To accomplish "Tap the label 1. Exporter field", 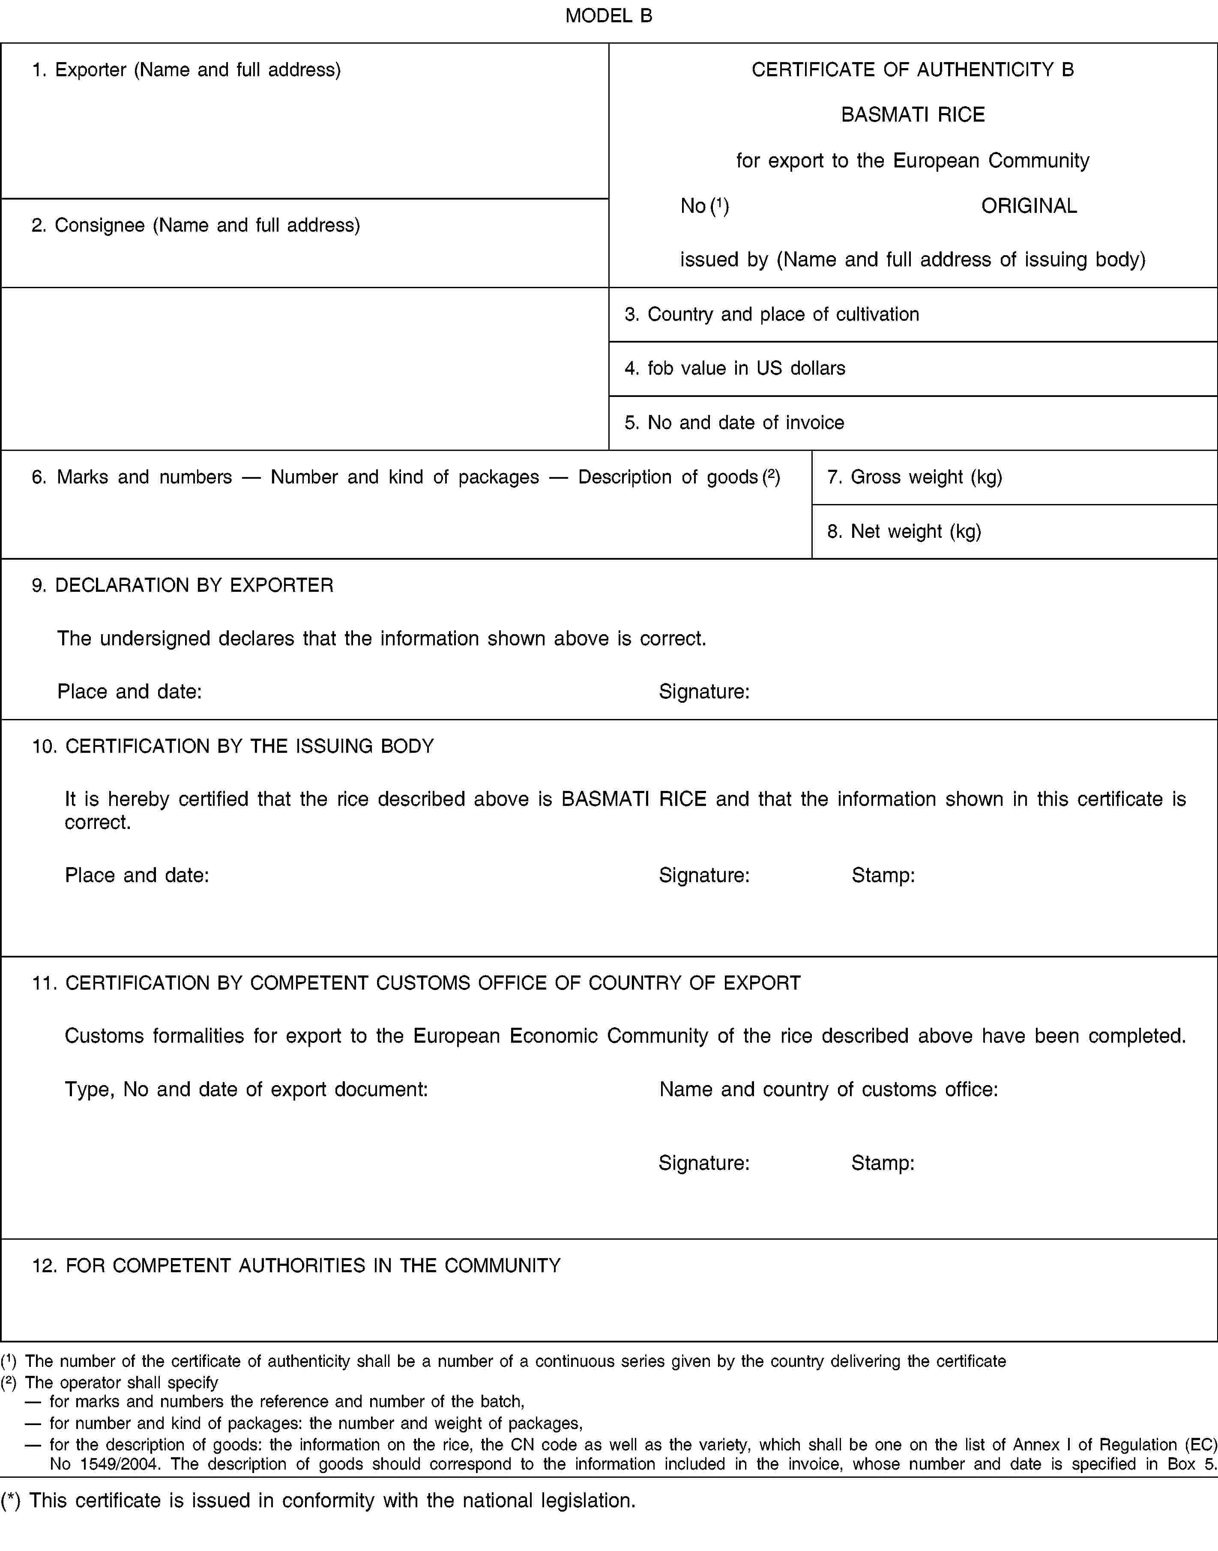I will coord(186,70).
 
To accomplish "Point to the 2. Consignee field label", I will coord(195,225).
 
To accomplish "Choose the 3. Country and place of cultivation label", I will coord(772,314).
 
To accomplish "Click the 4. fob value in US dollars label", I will coord(734,369).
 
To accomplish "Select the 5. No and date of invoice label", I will coord(734,423).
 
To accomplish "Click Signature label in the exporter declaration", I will coord(704,692).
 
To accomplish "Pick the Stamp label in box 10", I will coord(883,875).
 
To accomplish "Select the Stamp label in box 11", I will coord(883,1163).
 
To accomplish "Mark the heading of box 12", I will coord(296,1265).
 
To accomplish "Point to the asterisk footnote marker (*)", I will coord(11,1501).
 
